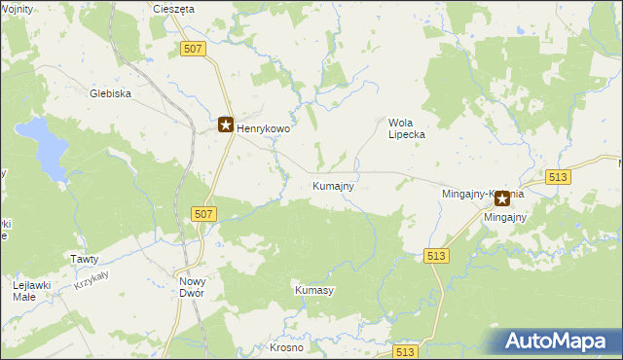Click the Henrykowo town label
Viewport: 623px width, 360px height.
pos(264,127)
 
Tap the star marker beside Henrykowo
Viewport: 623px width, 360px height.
pos(225,125)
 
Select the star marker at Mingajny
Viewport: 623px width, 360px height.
pos(502,198)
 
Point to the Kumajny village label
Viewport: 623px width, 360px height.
pos(333,185)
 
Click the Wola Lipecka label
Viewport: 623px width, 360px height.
pos(407,128)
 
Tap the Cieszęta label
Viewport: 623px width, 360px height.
pos(174,9)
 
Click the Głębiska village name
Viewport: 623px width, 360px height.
pos(110,94)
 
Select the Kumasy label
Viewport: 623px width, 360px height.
pos(314,291)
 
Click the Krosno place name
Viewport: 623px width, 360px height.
pos(286,347)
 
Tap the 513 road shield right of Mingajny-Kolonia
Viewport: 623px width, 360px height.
pos(558,176)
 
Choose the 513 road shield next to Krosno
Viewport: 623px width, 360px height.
pos(405,352)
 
